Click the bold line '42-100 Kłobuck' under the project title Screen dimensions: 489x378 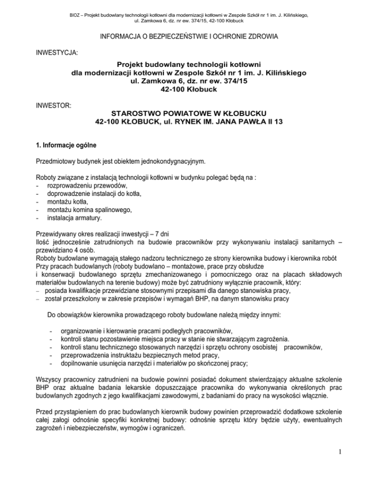point(189,90)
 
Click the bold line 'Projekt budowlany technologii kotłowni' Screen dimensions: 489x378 point(189,64)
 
